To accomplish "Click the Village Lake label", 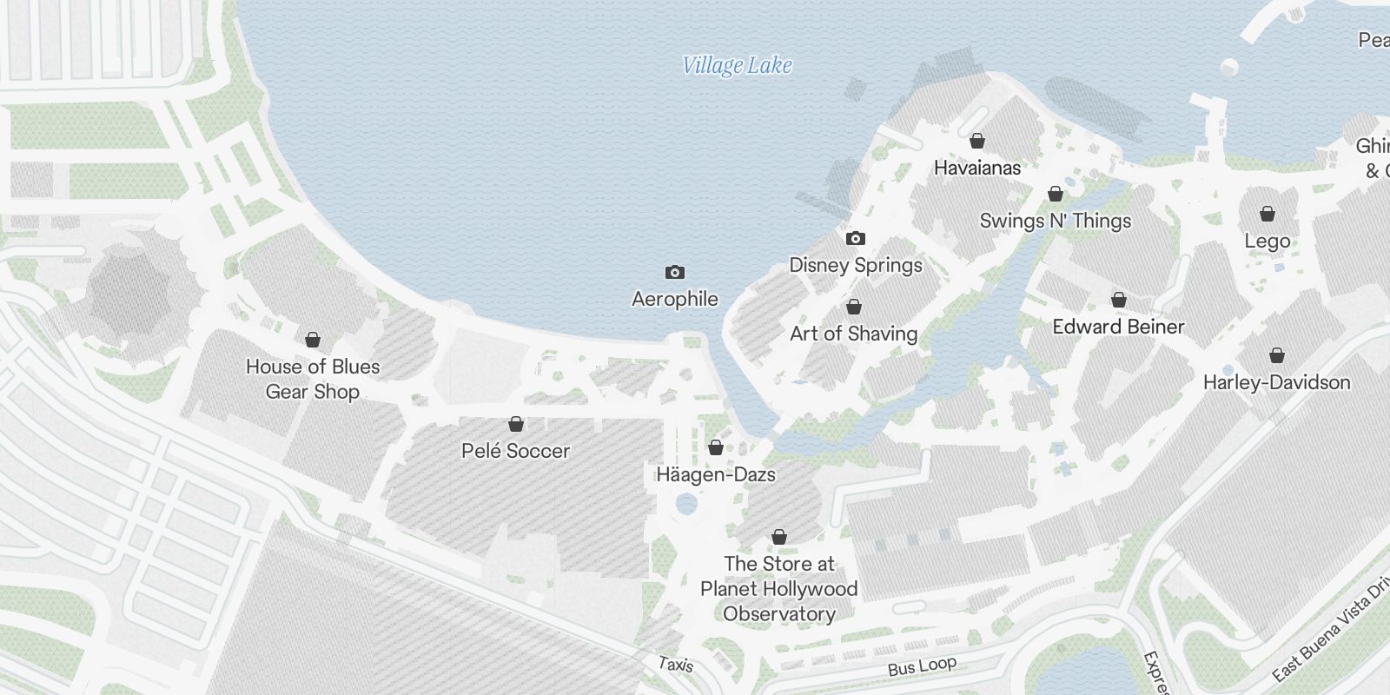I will tap(737, 65).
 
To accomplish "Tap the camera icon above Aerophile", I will tap(674, 273).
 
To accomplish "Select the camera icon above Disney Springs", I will tap(855, 238).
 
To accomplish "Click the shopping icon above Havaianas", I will tap(977, 141).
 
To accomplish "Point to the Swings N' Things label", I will tap(1056, 221).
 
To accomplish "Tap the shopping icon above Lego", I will tap(1268, 214).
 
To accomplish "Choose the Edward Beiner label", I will tap(1118, 327).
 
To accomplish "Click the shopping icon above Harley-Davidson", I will tap(1276, 355).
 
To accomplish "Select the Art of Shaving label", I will tap(853, 334).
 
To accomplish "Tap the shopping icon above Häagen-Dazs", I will tap(715, 447).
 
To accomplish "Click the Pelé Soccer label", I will tap(515, 451).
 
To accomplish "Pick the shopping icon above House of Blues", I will tap(313, 340).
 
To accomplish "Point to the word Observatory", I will tap(779, 614).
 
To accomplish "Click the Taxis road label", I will tap(675, 665).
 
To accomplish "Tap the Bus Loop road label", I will tap(922, 666).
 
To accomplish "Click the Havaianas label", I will tap(977, 168).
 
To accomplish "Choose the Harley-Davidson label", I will tap(1276, 382).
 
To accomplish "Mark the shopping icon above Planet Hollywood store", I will tap(779, 537).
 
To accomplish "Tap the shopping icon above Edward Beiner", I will tap(1119, 301).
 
